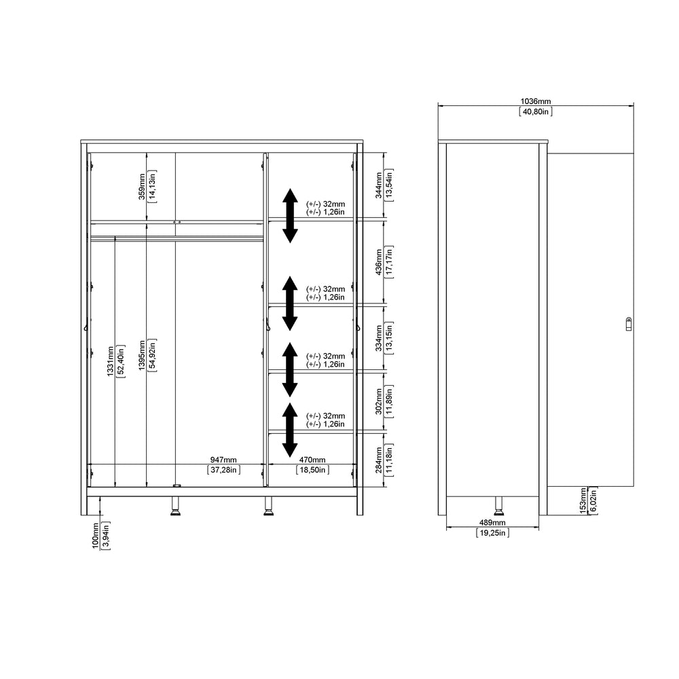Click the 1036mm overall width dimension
[x=536, y=101]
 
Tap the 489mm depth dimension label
[x=492, y=523]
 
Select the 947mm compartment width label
[x=223, y=460]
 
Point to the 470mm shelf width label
[x=312, y=460]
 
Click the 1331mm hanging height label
[x=111, y=361]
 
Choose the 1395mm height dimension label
[x=142, y=356]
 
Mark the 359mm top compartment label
[x=142, y=187]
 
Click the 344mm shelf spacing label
[x=379, y=185]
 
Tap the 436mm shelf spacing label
[x=379, y=262]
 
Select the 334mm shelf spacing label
[x=379, y=338]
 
